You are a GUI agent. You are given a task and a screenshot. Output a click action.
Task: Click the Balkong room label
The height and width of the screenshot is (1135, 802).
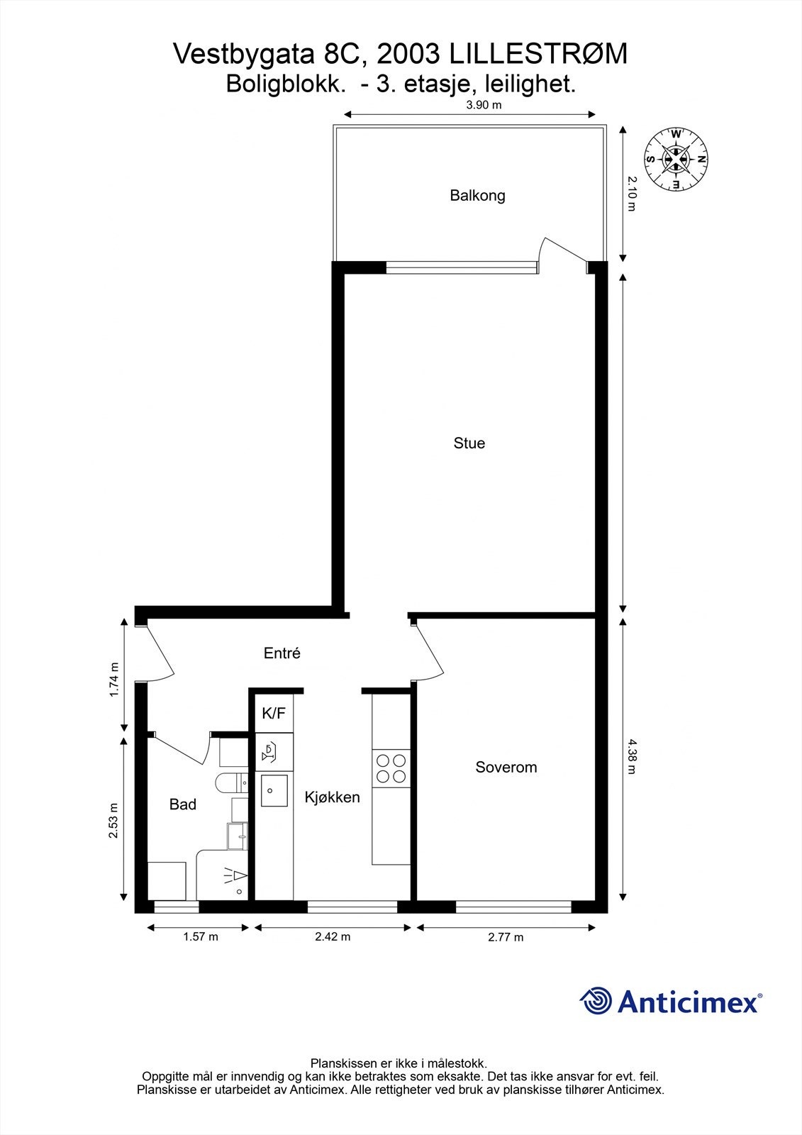tap(477, 195)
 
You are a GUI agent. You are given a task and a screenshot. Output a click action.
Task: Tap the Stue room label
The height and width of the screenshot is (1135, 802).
tap(469, 443)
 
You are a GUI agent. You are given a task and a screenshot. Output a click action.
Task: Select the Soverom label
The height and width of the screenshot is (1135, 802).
tap(506, 768)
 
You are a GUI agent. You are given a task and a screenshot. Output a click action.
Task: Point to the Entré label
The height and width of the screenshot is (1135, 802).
tap(282, 653)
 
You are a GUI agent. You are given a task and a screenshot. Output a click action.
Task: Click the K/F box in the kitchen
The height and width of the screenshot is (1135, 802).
tap(274, 713)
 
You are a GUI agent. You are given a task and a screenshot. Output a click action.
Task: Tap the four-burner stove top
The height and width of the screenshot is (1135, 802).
tap(391, 768)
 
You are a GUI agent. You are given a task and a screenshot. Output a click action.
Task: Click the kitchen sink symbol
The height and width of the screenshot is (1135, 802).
tap(274, 791)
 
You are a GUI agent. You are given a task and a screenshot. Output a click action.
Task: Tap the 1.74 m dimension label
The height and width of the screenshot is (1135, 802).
tap(113, 680)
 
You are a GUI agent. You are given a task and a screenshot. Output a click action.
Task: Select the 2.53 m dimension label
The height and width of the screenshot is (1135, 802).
tap(113, 821)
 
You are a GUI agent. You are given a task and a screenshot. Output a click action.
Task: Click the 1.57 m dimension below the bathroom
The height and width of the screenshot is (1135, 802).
tap(200, 936)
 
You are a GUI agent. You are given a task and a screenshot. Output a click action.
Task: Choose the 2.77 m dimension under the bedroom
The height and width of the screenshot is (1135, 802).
tap(506, 937)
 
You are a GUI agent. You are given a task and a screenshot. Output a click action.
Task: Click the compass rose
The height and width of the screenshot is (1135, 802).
tap(676, 160)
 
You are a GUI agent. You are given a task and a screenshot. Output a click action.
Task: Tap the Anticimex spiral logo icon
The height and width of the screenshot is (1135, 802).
tap(596, 1001)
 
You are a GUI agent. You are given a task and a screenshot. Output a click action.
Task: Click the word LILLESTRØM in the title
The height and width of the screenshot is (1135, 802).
tap(539, 55)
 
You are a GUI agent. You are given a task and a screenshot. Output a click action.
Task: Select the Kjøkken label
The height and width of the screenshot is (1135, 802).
tap(332, 797)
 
